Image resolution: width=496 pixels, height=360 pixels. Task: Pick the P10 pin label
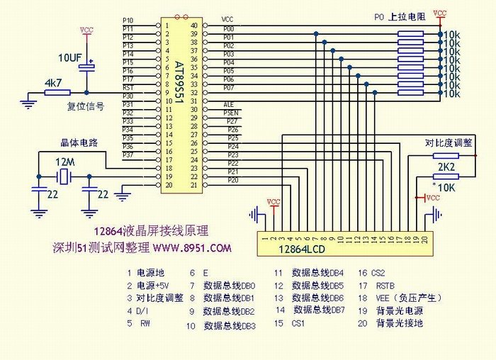[x=128, y=20]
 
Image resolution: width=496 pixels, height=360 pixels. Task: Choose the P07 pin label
[x=229, y=88]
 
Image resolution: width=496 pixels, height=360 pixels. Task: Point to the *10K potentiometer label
[x=445, y=186]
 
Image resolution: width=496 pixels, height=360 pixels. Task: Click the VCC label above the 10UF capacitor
[x=86, y=30]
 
